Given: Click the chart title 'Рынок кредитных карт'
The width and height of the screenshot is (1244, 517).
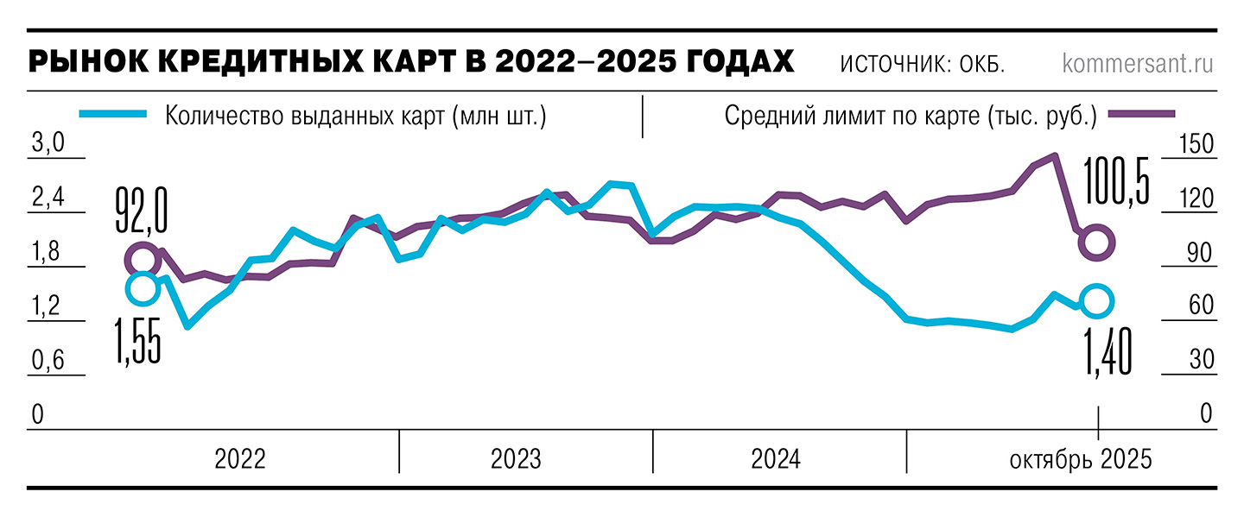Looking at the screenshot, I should pyautogui.click(x=411, y=63).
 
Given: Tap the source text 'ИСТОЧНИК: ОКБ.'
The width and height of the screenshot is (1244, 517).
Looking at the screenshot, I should pyautogui.click(x=922, y=65).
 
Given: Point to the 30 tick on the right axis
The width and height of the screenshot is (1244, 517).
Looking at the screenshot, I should pyautogui.click(x=1200, y=360).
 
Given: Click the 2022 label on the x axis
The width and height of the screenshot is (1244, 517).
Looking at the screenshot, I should pyautogui.click(x=240, y=459).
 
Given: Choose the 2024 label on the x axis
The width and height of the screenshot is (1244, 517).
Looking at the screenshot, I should pyautogui.click(x=775, y=459).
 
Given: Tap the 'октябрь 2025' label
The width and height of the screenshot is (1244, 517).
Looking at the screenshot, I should pyautogui.click(x=1080, y=459).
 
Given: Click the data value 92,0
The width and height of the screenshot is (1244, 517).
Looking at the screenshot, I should pyautogui.click(x=141, y=211).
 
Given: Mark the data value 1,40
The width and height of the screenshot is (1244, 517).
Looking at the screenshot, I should pyautogui.click(x=1108, y=351).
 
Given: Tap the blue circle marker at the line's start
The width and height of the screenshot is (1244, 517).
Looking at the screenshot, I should pyautogui.click(x=143, y=288).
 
